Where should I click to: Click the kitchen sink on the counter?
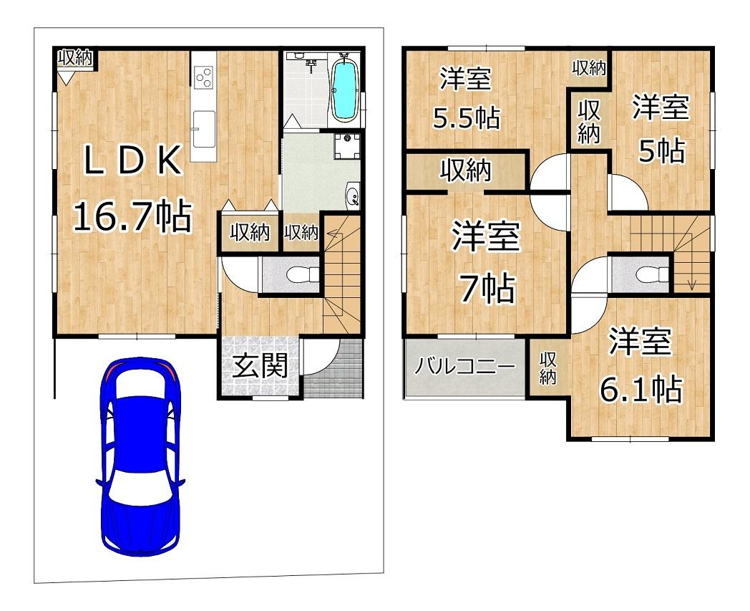pyautogui.click(x=203, y=128)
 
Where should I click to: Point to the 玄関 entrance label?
pyautogui.click(x=260, y=366)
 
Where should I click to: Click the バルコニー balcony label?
pyautogui.click(x=464, y=367)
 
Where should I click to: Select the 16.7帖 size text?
pyautogui.click(x=132, y=216)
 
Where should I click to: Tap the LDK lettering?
pyautogui.click(x=132, y=160)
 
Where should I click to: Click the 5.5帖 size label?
pyautogui.click(x=467, y=117)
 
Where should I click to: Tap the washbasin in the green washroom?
pyautogui.click(x=353, y=196)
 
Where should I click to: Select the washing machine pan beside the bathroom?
pyautogui.click(x=347, y=145)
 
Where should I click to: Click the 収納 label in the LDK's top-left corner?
pyautogui.click(x=75, y=59)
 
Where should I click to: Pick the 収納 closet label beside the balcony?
pyautogui.click(x=548, y=368)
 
